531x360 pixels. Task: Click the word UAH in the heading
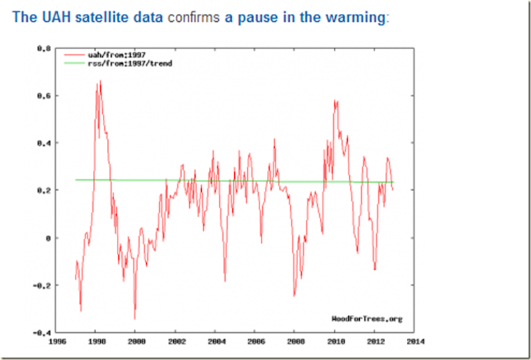tap(48, 17)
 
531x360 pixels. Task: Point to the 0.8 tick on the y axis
tap(42, 48)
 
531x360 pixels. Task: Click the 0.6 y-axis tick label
tap(42, 96)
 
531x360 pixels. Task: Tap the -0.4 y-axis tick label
tap(41, 332)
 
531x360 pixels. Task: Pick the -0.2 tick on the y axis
tap(41, 285)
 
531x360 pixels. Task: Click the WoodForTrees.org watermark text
tap(366, 319)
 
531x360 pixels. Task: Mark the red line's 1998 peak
tap(100, 81)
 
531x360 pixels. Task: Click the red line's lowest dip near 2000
tap(135, 318)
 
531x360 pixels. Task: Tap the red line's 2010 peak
tap(335, 100)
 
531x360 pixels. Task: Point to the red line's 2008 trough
tap(294, 296)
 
